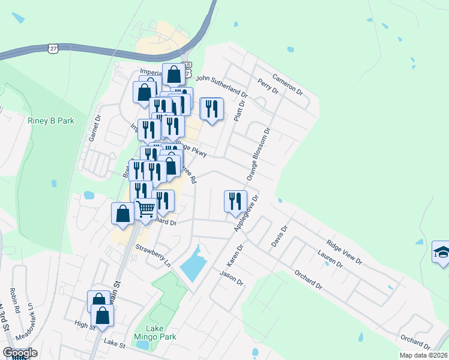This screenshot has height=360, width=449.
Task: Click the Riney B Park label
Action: (50, 121)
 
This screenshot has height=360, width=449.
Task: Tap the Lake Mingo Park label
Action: (155, 332)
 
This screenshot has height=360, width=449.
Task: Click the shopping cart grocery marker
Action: (146, 209)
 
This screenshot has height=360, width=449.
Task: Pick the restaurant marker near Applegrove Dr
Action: (235, 200)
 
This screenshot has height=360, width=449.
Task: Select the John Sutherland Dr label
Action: (221, 86)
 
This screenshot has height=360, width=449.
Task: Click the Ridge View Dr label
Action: (344, 253)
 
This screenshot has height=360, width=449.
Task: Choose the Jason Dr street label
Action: (231, 279)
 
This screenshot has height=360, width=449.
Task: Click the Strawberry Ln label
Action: (153, 256)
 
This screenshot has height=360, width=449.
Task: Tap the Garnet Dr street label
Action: (93, 128)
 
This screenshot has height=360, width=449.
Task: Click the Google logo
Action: (19, 353)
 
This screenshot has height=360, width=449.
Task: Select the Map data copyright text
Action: (423, 355)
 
